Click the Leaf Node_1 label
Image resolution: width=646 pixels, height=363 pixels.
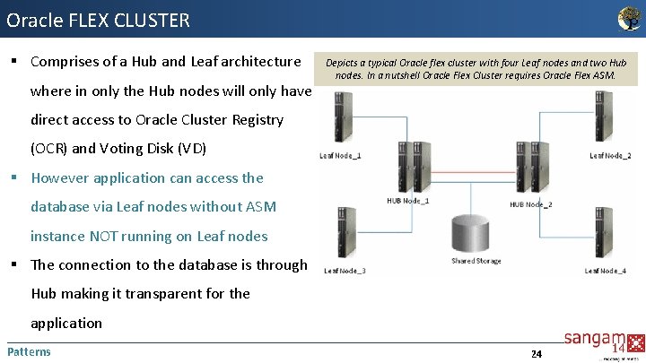point(341,155)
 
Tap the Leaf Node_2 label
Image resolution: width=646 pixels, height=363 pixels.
point(609,156)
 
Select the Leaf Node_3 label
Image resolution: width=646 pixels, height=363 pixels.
point(344,271)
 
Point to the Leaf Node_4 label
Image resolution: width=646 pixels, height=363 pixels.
point(605,271)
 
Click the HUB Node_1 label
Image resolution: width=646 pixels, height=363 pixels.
point(407,201)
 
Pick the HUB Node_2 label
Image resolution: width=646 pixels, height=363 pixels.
point(531,204)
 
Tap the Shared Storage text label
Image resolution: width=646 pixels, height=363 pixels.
point(476,261)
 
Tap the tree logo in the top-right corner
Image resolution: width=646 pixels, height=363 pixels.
point(630,18)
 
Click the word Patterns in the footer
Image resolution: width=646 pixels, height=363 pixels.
point(29,351)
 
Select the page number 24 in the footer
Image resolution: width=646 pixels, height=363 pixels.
point(536,354)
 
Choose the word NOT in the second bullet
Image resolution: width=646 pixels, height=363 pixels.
point(110,236)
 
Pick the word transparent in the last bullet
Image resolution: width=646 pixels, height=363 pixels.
point(170,293)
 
